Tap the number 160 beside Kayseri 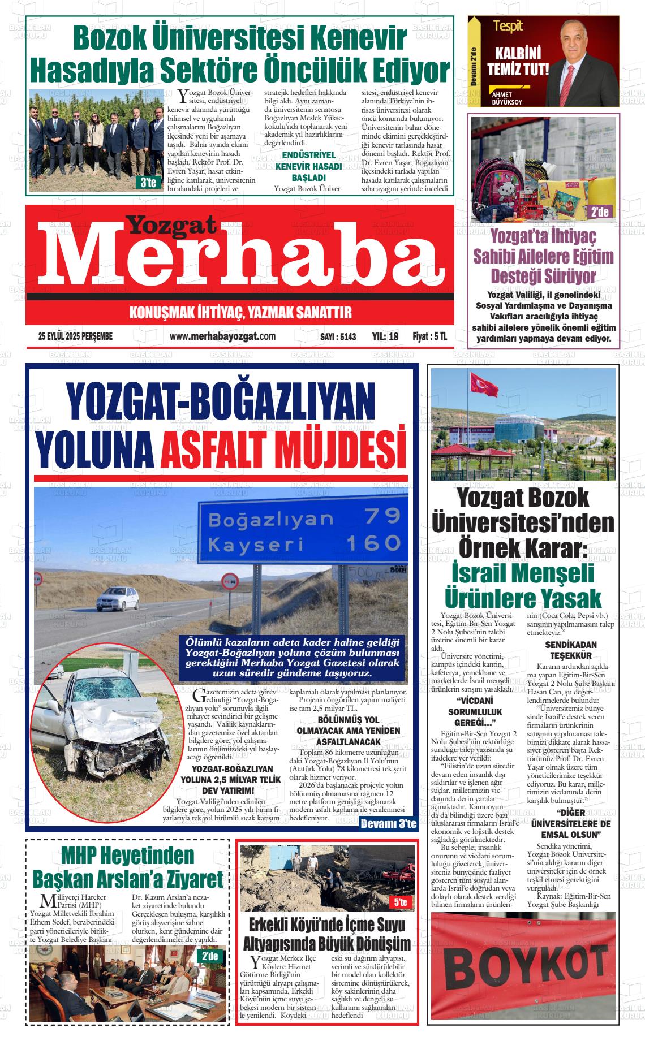(x=373, y=543)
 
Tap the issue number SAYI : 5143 (x=338, y=336)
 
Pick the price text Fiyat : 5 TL (x=429, y=336)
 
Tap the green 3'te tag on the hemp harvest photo (x=148, y=183)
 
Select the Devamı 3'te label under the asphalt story (x=388, y=823)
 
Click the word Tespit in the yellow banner (x=508, y=26)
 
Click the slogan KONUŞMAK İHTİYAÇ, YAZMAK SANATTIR (x=240, y=312)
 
